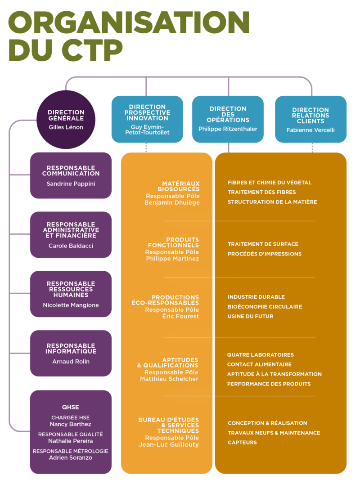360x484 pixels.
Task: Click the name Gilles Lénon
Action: click(x=66, y=127)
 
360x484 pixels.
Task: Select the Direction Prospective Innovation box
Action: click(x=147, y=119)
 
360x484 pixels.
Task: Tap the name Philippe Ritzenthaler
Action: click(x=228, y=129)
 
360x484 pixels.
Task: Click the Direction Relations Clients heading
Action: click(x=310, y=116)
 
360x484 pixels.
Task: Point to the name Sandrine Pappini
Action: click(x=71, y=184)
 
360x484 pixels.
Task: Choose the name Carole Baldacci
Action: click(x=71, y=246)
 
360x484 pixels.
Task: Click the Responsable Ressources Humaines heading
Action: click(x=71, y=289)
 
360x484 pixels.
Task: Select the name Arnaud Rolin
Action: click(x=71, y=362)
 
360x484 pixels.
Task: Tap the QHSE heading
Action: click(x=70, y=407)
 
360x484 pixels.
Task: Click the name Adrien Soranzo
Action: click(x=70, y=458)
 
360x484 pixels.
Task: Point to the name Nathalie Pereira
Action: click(x=70, y=441)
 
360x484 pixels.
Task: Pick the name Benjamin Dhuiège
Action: click(x=172, y=202)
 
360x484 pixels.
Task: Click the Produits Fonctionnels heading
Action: click(x=173, y=242)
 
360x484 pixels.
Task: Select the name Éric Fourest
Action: click(x=180, y=316)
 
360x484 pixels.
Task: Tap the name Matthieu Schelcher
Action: click(x=169, y=379)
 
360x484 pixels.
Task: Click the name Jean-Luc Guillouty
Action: click(x=169, y=444)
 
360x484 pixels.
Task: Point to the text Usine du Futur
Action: click(x=250, y=316)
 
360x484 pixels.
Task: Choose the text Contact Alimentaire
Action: click(x=259, y=364)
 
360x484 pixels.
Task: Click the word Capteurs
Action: click(x=242, y=442)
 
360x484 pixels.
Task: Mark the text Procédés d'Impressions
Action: click(x=265, y=254)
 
